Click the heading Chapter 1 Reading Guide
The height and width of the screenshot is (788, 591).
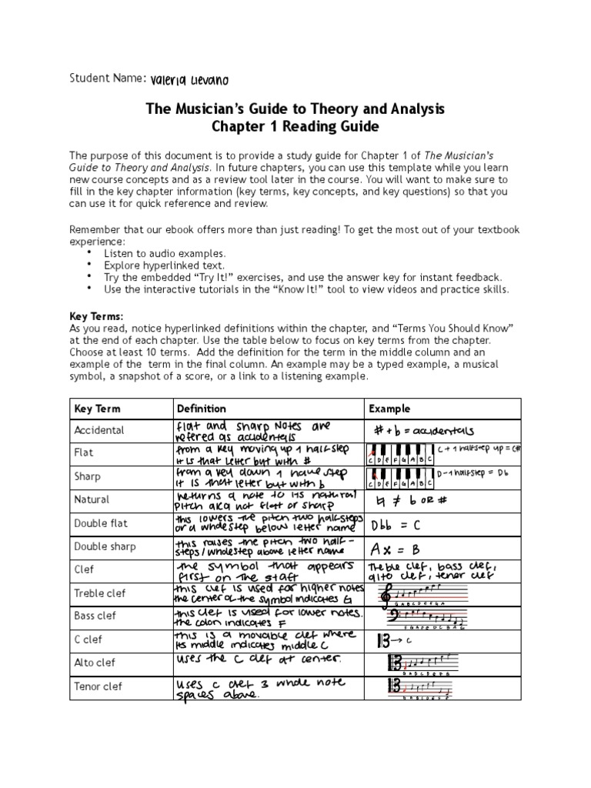295,126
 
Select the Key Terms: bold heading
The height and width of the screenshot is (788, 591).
96,316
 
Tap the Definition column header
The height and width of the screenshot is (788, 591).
202,409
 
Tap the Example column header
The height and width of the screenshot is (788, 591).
389,409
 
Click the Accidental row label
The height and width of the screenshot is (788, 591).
98,430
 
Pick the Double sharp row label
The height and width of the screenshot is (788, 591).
106,546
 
